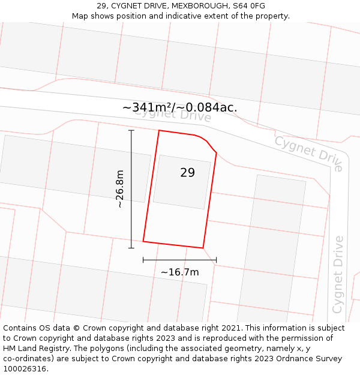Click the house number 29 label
[187, 173]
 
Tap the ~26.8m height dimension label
[119, 188]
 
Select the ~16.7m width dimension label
[179, 272]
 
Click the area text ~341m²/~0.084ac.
[180, 107]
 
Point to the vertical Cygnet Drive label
[338, 274]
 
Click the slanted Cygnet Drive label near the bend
[309, 152]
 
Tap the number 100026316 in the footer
[23, 368]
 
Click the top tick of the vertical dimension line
[131, 130]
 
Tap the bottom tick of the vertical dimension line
[131, 248]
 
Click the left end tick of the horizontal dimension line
[143, 260]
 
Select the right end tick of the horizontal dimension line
[216, 260]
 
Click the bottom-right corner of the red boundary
[203, 248]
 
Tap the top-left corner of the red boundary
[159, 130]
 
